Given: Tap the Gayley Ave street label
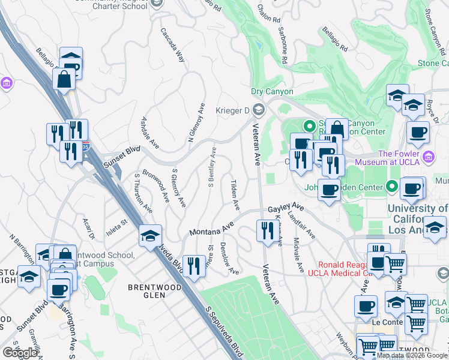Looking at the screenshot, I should [286, 208].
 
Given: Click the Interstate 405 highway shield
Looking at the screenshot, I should [87, 146].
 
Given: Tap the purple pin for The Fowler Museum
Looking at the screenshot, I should [428, 157].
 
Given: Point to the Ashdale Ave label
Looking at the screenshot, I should [148, 133].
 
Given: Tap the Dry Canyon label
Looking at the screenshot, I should [272, 92].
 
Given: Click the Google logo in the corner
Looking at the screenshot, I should [20, 353].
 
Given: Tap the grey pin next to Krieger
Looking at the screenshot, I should [259, 109].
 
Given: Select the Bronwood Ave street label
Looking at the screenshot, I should [155, 188].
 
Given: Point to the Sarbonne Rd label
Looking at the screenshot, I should [282, 47].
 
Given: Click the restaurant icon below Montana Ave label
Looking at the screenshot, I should [193, 265].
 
